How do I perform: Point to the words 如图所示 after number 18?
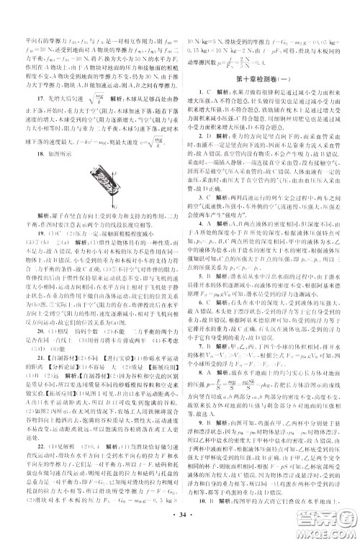pos(53,135)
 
